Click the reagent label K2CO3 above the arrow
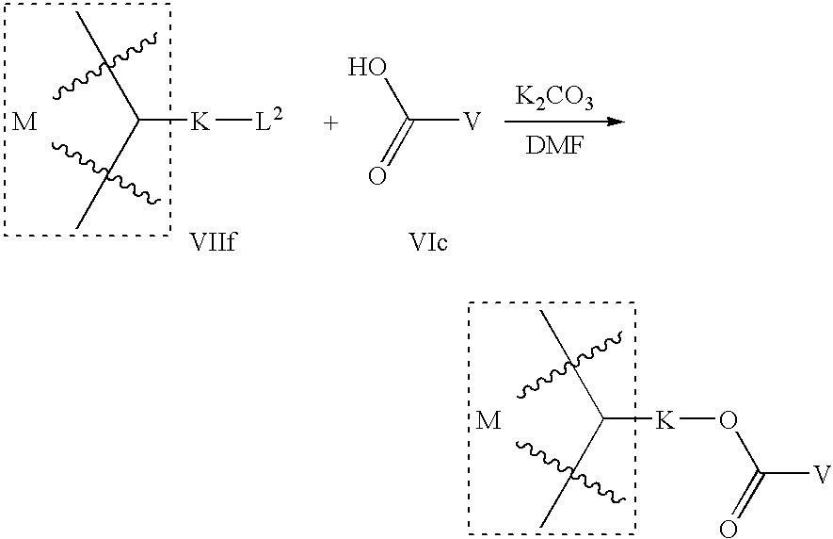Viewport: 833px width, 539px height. pos(553,98)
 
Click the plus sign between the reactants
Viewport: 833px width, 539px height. pos(330,123)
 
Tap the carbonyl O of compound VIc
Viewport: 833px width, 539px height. pos(376,176)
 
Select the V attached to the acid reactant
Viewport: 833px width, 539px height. pos(473,122)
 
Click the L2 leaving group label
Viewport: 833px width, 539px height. pos(268,122)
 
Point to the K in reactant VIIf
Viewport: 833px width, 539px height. pos(200,122)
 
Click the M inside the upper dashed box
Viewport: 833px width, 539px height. pos(25,122)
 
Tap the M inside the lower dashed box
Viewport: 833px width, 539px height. pos(489,420)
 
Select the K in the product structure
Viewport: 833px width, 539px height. pos(665,420)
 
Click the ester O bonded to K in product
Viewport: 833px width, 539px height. pos(726,420)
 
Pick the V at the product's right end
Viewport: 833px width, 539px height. pos(822,473)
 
